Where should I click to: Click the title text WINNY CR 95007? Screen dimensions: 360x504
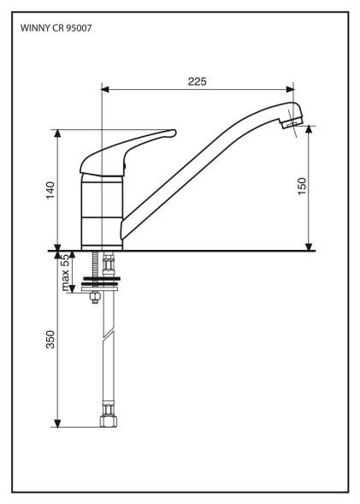(56, 28)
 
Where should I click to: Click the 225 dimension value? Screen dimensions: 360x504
(198, 81)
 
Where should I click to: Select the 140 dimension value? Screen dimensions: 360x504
(50, 190)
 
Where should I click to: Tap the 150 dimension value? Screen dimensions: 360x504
(302, 186)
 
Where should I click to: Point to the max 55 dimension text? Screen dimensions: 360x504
(65, 272)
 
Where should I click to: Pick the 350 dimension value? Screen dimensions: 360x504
(50, 339)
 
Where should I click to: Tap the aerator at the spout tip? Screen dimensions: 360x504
(292, 122)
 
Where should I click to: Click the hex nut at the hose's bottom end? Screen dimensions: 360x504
(109, 421)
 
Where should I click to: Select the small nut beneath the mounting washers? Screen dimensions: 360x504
(95, 297)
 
